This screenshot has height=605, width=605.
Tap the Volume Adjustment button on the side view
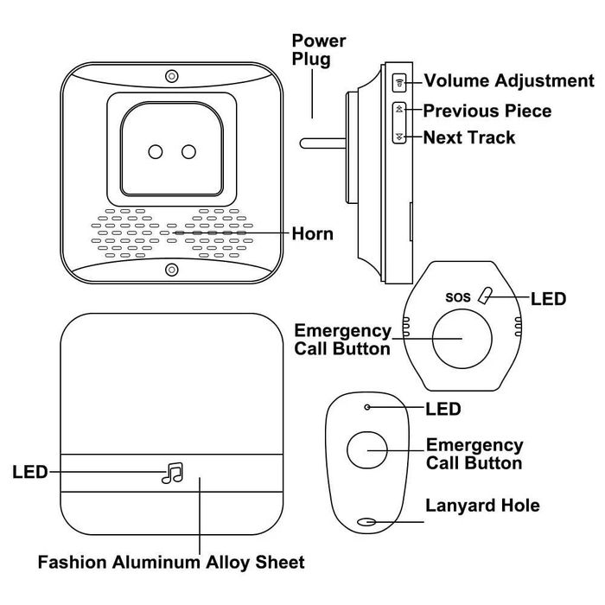399,82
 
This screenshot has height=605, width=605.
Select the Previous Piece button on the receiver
399,111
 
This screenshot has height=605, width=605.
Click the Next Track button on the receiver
399,137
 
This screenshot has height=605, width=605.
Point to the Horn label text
312,233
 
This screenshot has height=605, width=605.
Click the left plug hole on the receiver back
156,152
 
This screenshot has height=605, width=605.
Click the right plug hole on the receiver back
188,152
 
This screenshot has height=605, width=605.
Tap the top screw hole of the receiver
172,75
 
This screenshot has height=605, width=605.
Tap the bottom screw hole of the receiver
172,269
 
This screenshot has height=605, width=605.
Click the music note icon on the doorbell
173,472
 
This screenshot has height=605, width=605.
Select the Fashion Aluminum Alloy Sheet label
171,563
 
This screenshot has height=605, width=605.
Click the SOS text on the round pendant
458,297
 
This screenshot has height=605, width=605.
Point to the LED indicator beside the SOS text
487,296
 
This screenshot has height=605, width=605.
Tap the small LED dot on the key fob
367,407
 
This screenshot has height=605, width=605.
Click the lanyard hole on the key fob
367,522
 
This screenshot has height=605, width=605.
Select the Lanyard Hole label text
482,506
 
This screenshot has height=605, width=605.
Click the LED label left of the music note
29,472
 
